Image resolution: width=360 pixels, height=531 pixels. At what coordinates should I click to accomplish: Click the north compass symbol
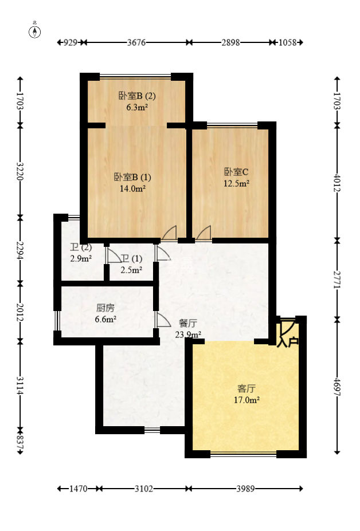[35, 31]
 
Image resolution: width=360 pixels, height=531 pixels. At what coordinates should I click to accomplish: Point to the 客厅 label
[246, 387]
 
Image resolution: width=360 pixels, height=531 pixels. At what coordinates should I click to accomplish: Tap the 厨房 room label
[106, 308]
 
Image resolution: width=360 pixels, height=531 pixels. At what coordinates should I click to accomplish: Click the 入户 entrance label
[288, 343]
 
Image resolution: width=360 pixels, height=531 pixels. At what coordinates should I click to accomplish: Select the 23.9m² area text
[187, 335]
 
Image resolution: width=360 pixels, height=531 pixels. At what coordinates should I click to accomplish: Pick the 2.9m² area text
[81, 258]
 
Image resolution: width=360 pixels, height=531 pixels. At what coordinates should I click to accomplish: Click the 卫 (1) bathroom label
[131, 258]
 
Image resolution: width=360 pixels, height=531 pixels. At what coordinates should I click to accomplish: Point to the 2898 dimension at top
[230, 42]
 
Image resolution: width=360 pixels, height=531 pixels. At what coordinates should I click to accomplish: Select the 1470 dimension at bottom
[78, 489]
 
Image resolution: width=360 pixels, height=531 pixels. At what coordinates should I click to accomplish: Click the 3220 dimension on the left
[20, 171]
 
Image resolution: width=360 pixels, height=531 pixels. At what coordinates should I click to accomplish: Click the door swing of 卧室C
[204, 233]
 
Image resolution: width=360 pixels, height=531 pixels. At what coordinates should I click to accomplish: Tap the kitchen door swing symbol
[161, 320]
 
